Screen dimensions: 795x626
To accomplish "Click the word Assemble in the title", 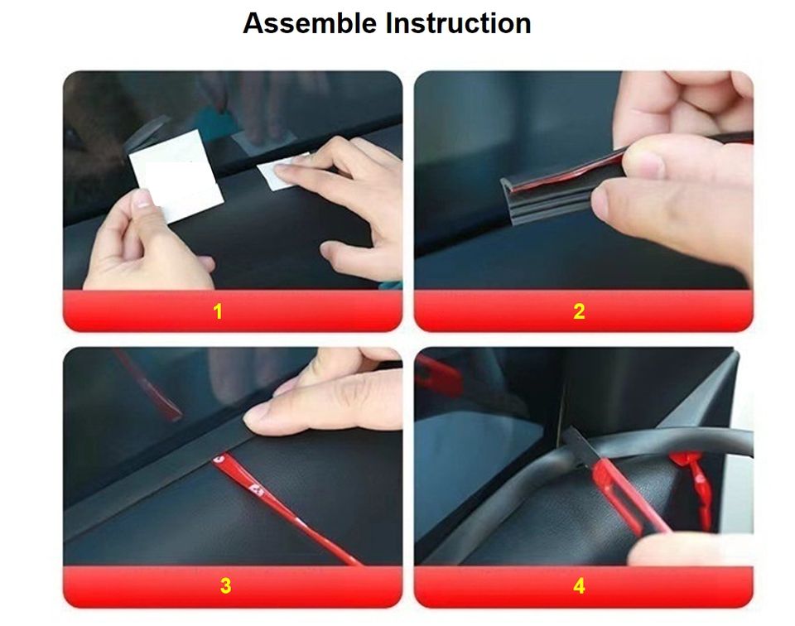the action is (310, 23).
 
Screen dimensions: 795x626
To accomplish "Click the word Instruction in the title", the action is (458, 23).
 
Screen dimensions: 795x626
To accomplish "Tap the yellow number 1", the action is (218, 311).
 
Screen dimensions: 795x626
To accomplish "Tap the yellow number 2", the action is (579, 311).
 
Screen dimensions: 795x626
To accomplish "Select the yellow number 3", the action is (225, 586).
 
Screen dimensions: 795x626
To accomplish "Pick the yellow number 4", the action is (579, 586).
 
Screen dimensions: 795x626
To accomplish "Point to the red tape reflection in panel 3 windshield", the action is (147, 383).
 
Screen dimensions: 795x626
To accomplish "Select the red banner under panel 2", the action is (584, 311).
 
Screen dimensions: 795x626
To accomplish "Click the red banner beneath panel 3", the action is (233, 586).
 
